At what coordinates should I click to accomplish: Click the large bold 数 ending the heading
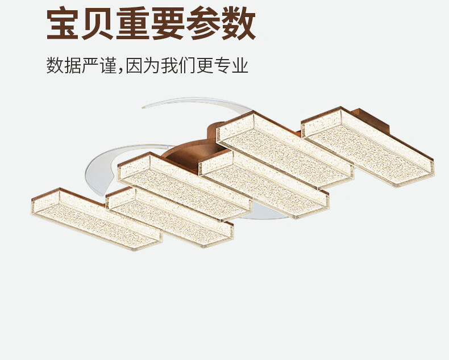(x=239, y=24)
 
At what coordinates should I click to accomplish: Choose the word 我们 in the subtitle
(x=178, y=65)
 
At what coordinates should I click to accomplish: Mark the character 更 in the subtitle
(x=206, y=65)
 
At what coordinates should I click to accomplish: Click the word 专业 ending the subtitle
(x=232, y=65)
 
